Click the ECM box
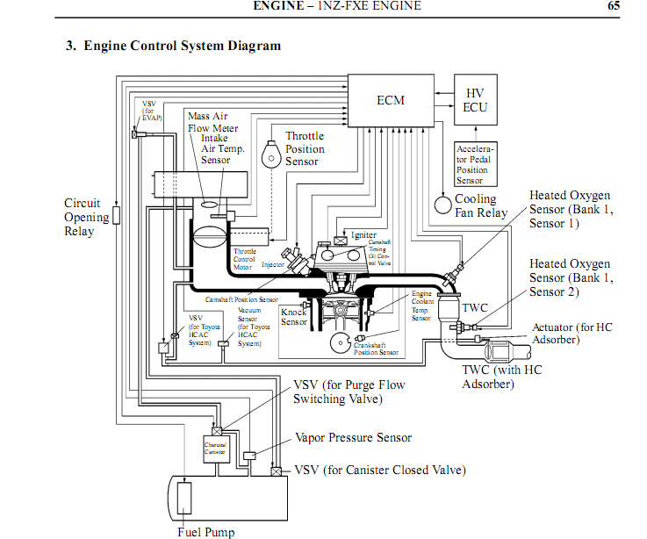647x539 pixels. pyautogui.click(x=391, y=100)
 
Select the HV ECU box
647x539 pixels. pyautogui.click(x=475, y=100)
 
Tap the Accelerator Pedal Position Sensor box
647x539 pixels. pyautogui.click(x=475, y=163)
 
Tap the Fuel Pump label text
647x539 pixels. pyautogui.click(x=205, y=531)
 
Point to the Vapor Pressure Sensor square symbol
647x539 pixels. pyautogui.click(x=249, y=456)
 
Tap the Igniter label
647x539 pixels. pyautogui.click(x=363, y=235)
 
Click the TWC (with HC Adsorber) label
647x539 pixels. pyautogui.click(x=502, y=377)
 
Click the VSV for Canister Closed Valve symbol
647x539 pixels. pyautogui.click(x=277, y=471)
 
